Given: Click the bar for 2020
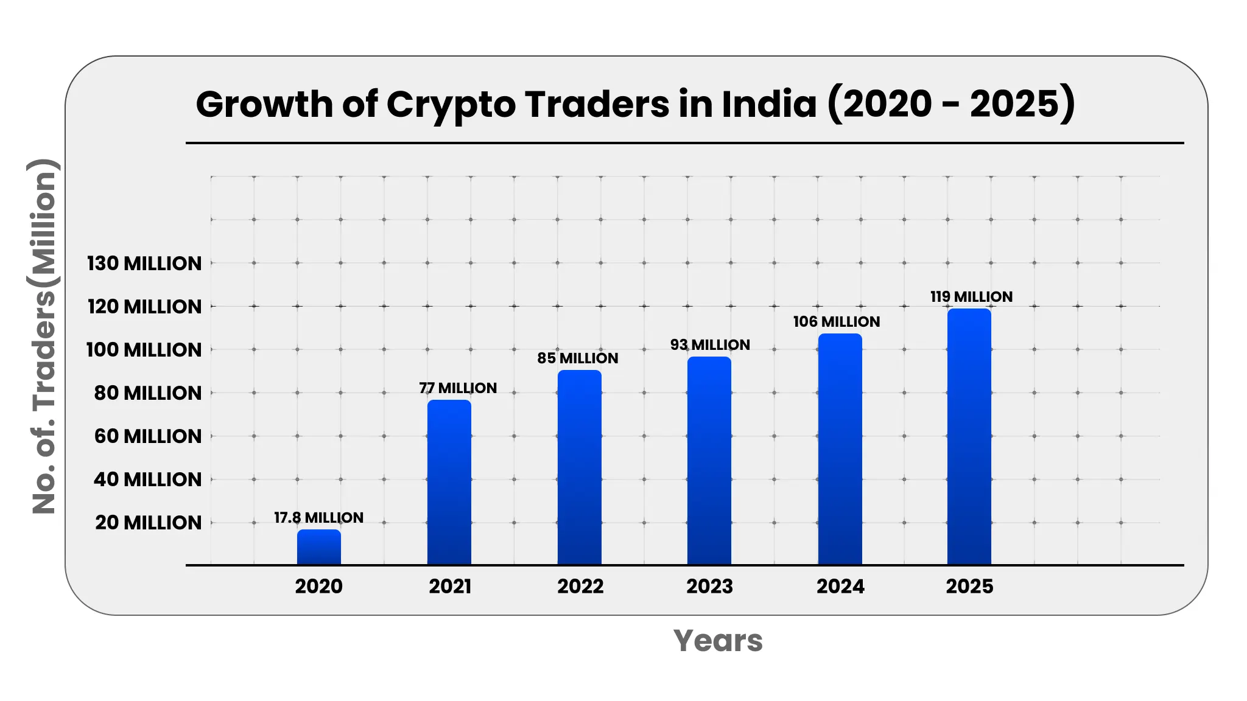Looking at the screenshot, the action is (x=319, y=547).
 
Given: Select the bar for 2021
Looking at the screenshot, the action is (x=449, y=483).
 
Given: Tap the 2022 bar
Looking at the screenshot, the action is (x=580, y=467).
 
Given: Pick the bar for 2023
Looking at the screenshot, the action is (x=709, y=461).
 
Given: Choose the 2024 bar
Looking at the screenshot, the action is (x=840, y=449).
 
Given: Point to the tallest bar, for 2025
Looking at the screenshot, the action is (x=969, y=437).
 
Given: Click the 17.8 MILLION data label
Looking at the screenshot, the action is (x=318, y=518).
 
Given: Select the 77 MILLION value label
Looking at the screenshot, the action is (x=458, y=388).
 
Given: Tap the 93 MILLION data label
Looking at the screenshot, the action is (x=710, y=345).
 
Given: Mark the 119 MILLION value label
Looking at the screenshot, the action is (x=971, y=297).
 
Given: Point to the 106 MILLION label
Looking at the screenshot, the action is (x=837, y=322).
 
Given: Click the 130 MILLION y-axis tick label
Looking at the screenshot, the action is (x=144, y=263).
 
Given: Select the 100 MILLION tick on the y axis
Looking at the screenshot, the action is (x=144, y=350).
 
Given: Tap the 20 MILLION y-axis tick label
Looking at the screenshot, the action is (x=148, y=523).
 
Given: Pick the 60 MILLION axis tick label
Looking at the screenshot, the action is (x=148, y=436).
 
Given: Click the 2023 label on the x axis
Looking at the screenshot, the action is (x=709, y=586).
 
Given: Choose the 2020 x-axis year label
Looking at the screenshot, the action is (x=318, y=586).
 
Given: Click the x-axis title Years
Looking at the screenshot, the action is (x=718, y=641).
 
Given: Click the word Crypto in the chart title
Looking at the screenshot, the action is (x=451, y=105).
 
